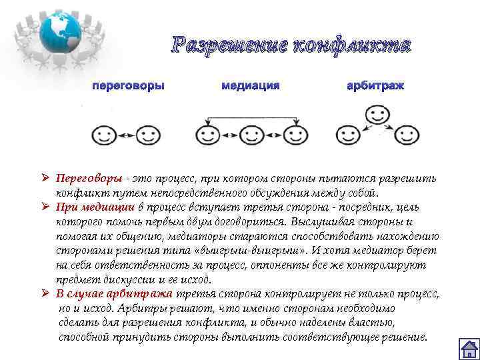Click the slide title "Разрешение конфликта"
coord(291,45)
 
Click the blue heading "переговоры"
coord(128,86)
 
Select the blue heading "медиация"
coord(250,86)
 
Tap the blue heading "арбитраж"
coord(375,86)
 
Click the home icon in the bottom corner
coord(470,349)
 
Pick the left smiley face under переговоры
coord(103,135)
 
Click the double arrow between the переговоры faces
coord(127,135)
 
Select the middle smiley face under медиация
coord(251,135)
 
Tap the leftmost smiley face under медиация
coord(207,135)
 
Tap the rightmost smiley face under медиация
coord(295,135)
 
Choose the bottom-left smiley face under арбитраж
coord(347,135)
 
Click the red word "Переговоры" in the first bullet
coord(89,179)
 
